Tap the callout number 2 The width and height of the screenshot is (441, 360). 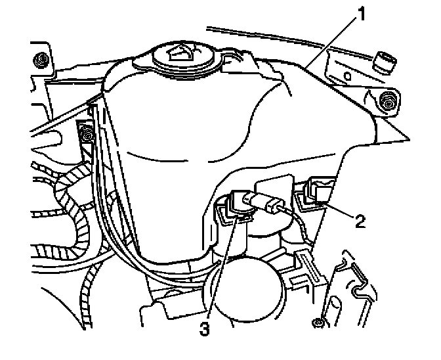point(360,219)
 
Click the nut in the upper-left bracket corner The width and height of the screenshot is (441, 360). point(42,60)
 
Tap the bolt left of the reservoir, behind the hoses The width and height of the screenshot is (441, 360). point(85,135)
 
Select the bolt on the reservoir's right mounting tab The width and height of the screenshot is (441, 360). point(388,101)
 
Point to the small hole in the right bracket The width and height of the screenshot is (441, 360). point(348,78)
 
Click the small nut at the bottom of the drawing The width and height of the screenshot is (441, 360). point(318,322)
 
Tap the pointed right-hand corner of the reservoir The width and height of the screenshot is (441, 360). point(408,140)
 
